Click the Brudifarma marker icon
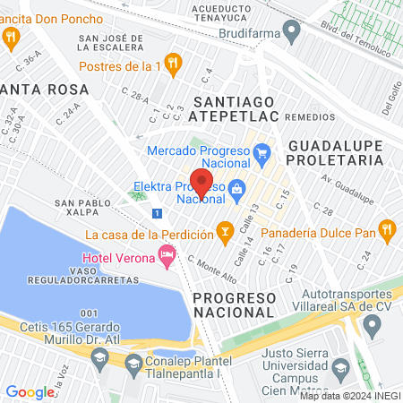click(292, 32)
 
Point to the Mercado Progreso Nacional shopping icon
click(262, 152)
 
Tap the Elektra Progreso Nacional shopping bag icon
click(237, 189)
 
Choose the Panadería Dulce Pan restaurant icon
click(386, 230)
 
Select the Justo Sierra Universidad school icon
click(340, 366)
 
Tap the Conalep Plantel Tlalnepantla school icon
click(133, 364)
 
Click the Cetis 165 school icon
click(100, 357)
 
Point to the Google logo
click(30, 391)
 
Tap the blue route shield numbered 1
click(158, 213)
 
